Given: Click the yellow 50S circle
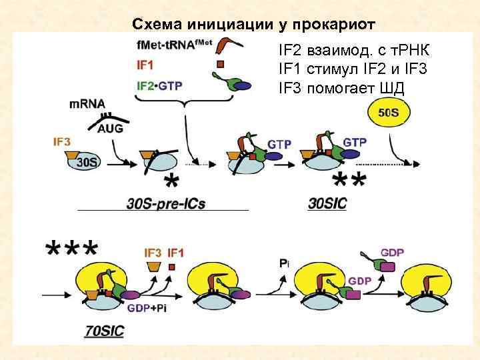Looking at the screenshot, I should coord(389,113).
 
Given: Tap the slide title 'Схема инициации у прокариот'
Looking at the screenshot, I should coord(254,25).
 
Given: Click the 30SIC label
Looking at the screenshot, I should coord(327,203).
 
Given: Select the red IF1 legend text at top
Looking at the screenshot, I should coord(145,66).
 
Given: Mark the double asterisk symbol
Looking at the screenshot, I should coord(349,181).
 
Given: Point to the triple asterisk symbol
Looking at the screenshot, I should coord(71,251).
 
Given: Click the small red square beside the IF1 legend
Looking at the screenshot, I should coord(220,65).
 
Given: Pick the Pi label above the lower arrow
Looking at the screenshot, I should coord(284,263).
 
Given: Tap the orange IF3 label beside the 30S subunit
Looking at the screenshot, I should coord(63,141).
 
